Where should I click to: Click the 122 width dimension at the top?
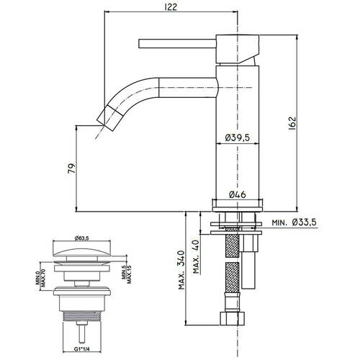pyautogui.click(x=171, y=6)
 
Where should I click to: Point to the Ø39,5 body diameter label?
pyautogui.click(x=235, y=138)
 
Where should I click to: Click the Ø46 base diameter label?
pyautogui.click(x=236, y=194)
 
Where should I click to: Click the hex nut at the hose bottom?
pyautogui.click(x=235, y=320)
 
